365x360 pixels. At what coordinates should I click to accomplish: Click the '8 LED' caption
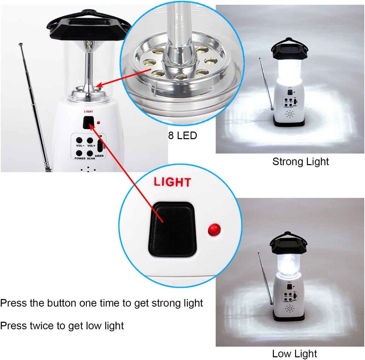[x=182, y=136]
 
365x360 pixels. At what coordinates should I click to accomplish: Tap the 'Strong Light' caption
[x=300, y=162]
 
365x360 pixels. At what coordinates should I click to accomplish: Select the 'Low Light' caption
[x=294, y=354]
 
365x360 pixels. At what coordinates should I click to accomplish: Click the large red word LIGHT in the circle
[x=172, y=182]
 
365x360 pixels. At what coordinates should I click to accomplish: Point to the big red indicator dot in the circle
[x=214, y=229]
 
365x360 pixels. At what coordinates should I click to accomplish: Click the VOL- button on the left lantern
[x=79, y=141]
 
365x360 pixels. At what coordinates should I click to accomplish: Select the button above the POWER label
[x=79, y=153]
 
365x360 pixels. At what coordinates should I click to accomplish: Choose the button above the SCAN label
[x=90, y=153]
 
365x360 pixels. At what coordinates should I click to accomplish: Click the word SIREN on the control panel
[x=99, y=156]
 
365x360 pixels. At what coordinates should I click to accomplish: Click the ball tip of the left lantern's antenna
[x=20, y=44]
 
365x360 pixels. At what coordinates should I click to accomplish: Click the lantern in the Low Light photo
[x=288, y=276]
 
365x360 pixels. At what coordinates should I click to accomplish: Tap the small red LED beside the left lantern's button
[x=99, y=123]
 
